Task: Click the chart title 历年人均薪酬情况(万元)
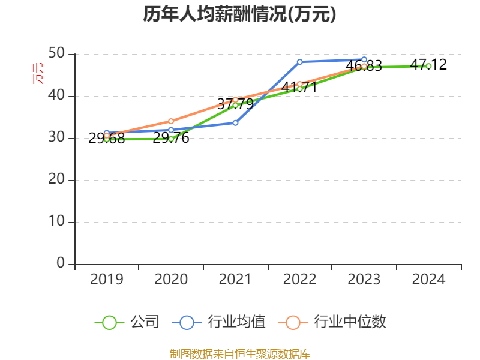[x=239, y=14]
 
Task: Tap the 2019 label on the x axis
[x=106, y=279]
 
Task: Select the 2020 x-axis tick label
[x=171, y=279]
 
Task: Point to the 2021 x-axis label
[x=235, y=279]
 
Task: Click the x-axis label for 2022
[x=299, y=279]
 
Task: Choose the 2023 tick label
[x=364, y=279]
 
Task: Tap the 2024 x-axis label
[x=428, y=279]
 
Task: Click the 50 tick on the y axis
[x=57, y=53]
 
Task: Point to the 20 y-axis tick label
[x=57, y=179]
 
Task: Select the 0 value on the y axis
[x=61, y=263]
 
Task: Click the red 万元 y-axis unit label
[x=38, y=73]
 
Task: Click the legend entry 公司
[x=128, y=322]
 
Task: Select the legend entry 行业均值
[x=219, y=322]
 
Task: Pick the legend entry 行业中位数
[x=333, y=322]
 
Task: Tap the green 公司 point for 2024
[x=428, y=66]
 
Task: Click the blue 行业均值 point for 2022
[x=299, y=62]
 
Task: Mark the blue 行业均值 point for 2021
[x=235, y=122]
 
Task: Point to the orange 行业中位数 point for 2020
[x=171, y=121]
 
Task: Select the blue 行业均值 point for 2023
[x=364, y=59]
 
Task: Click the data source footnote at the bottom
[x=239, y=353]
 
